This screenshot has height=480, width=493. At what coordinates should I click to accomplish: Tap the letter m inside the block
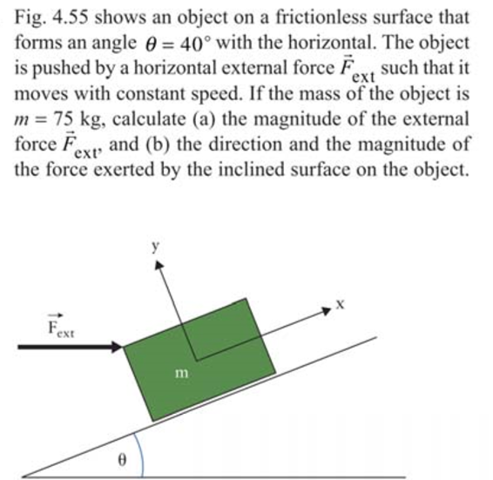[x=181, y=373]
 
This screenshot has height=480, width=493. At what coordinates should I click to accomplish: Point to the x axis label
[x=341, y=305]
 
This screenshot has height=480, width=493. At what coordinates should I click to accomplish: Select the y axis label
[x=156, y=247]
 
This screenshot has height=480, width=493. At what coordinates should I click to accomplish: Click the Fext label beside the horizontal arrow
[x=61, y=329]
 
